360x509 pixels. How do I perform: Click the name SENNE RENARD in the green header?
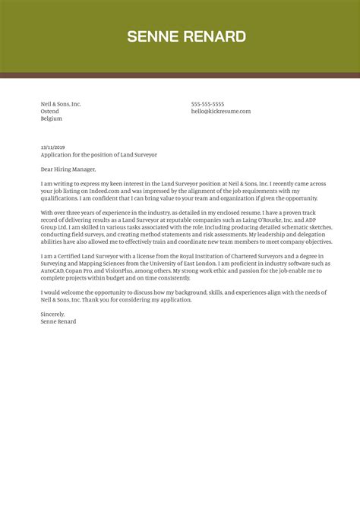tap(186, 36)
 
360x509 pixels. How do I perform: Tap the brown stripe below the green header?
tap(180, 75)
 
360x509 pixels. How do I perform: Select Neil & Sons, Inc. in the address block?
tap(61, 104)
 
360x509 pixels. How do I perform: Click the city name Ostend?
tap(49, 112)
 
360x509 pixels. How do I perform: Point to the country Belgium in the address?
tap(51, 119)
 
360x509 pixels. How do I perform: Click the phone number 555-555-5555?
tap(207, 104)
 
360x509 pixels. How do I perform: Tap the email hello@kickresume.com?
tap(220, 112)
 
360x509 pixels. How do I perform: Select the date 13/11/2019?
tap(52, 147)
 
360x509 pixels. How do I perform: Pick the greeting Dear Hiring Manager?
tap(69, 169)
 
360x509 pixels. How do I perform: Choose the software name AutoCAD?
tap(54, 271)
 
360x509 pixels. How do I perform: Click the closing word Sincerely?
tap(53, 315)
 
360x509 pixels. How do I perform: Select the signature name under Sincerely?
tap(58, 321)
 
